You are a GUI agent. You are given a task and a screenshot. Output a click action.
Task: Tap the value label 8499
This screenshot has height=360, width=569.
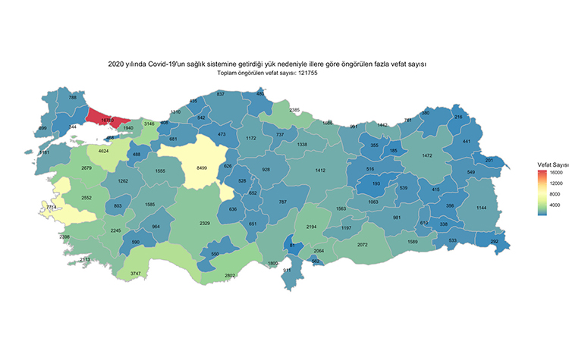click(x=202, y=167)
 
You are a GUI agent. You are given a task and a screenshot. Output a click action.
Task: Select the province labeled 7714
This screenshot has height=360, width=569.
click(x=52, y=207)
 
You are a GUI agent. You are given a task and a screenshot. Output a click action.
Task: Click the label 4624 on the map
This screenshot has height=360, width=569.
click(x=104, y=152)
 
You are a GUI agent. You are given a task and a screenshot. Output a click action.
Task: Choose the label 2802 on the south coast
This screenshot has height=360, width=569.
click(x=209, y=275)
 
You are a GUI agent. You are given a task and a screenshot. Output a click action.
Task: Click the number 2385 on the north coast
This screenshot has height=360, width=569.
click(x=294, y=111)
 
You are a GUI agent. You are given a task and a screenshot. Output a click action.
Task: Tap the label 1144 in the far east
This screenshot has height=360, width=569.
click(x=481, y=208)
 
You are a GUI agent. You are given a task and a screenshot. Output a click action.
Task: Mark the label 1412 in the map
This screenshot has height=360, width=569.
click(x=320, y=171)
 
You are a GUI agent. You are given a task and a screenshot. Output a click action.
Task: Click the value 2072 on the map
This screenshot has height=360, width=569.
click(x=362, y=245)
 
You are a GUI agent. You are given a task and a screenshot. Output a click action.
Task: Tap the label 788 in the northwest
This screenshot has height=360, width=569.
click(x=73, y=98)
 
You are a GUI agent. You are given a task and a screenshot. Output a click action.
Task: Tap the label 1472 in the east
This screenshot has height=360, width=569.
click(x=427, y=155)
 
